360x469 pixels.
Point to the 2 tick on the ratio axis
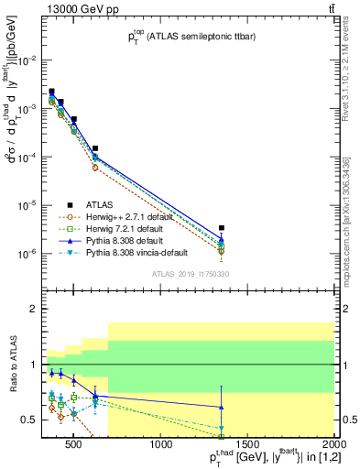coord(34,310)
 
